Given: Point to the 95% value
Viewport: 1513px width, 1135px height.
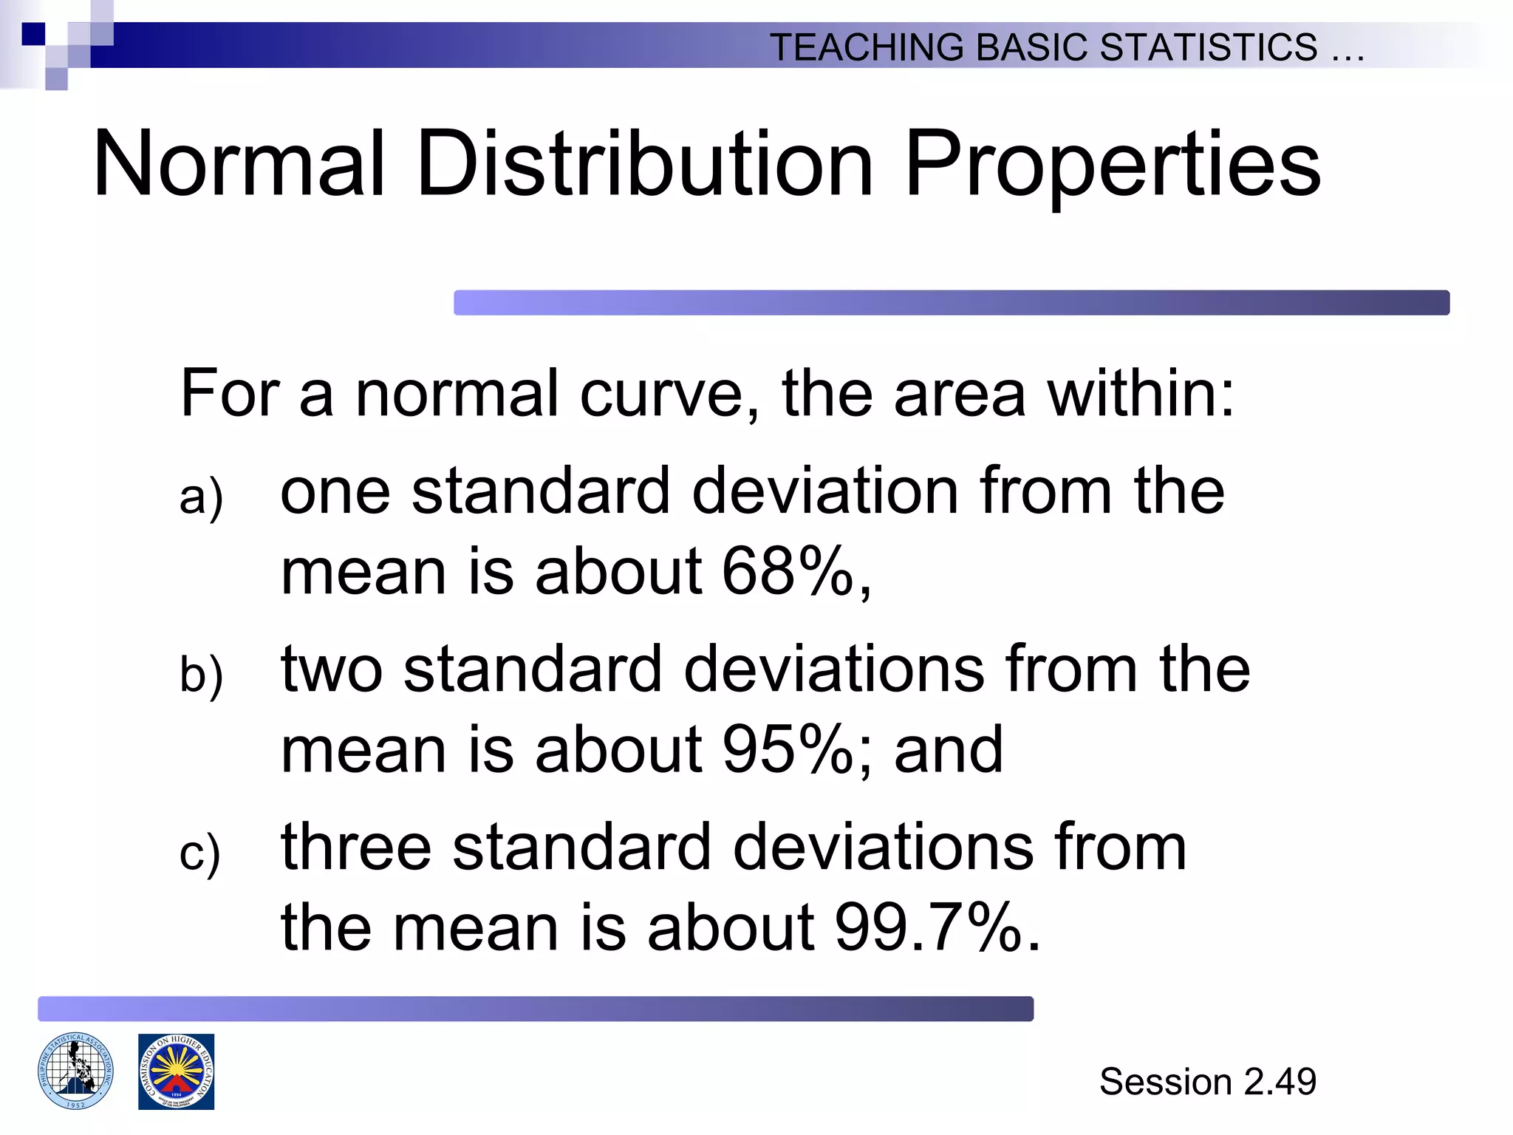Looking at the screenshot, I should [x=788, y=750].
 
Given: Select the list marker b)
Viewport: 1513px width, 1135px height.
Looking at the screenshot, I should [x=201, y=674].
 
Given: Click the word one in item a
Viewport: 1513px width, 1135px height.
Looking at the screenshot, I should [x=335, y=492].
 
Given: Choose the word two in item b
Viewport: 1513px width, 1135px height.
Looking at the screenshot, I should [x=332, y=669].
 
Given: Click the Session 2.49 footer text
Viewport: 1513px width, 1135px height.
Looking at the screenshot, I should [x=1207, y=1082].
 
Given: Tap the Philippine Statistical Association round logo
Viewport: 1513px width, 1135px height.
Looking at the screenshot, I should [x=75, y=1071].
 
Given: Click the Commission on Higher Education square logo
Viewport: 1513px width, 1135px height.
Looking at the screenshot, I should [x=176, y=1071].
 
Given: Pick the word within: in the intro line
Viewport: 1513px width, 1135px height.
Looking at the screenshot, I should [x=1141, y=394].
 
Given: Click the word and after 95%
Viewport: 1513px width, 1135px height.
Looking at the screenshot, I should [x=949, y=750].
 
